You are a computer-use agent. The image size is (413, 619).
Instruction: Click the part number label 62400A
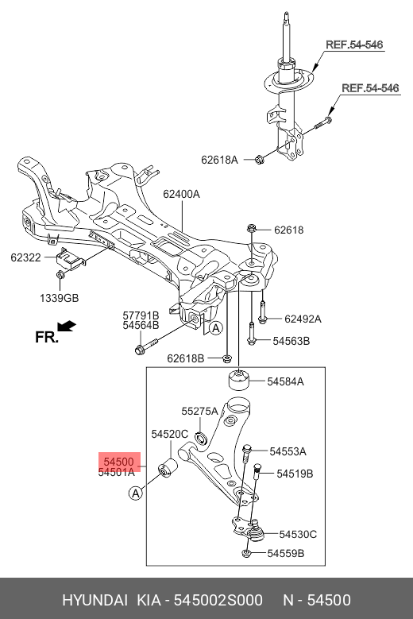tap(182, 194)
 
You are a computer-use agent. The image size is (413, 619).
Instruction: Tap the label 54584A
tap(285, 382)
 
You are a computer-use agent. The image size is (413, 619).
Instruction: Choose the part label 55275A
tap(199, 412)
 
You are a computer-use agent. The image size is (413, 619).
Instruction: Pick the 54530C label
tap(298, 534)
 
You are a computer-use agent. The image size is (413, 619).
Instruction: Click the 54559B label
tap(285, 553)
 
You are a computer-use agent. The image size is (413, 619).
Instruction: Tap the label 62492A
tap(303, 319)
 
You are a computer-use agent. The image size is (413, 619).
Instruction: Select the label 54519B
tap(295, 474)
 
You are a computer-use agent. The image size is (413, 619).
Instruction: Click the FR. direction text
tap(47, 337)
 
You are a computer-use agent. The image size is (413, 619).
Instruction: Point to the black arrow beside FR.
tap(69, 325)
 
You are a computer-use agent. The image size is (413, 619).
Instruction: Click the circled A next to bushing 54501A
tap(135, 493)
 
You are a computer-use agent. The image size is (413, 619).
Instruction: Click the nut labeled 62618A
tap(260, 161)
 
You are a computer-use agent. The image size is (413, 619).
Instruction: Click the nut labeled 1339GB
tap(61, 276)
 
